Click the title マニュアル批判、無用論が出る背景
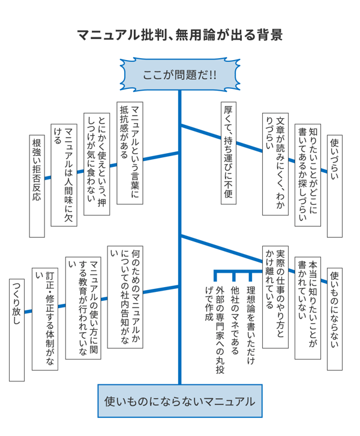coord(180,35)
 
